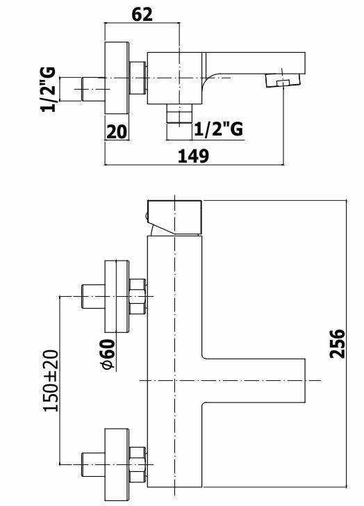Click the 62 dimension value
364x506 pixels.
pos(142,15)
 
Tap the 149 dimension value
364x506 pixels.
pos(193,156)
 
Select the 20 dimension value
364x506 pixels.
pos(117,132)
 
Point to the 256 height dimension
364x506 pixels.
pos(337,343)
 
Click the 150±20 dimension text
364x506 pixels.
pos(51,381)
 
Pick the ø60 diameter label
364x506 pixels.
pos(108,354)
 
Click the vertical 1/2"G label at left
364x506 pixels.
pos(49,90)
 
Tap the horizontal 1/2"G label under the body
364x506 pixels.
pos(218,129)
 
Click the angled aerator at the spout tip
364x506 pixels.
pos(283,81)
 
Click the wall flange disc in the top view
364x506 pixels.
pos(117,78)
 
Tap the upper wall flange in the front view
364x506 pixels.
pos(117,296)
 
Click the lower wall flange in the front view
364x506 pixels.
pos(117,465)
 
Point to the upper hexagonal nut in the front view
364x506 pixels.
pos(138,297)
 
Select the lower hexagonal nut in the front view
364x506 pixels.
pos(138,465)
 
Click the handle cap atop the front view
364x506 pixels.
pos(174,217)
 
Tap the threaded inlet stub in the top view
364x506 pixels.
pos(93,89)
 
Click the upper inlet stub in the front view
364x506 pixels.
pos(93,296)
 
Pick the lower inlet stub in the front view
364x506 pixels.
pos(93,465)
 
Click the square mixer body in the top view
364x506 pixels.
pos(175,78)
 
